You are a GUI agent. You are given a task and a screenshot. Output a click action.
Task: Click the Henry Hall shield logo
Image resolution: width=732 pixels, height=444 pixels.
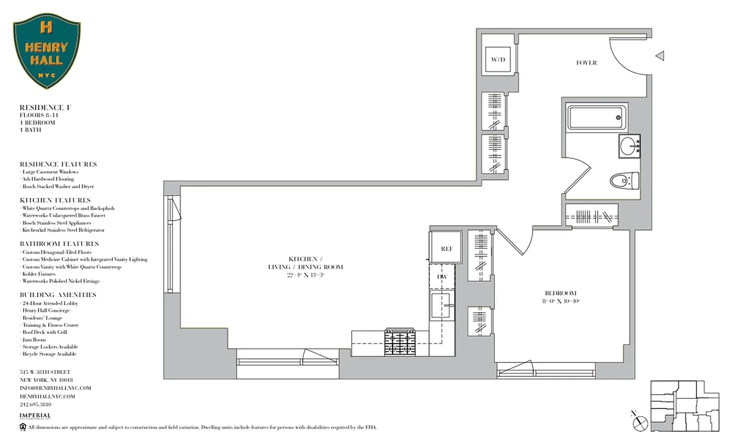[47, 51]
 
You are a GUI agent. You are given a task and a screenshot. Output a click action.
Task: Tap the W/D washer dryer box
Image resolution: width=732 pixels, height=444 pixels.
[498, 60]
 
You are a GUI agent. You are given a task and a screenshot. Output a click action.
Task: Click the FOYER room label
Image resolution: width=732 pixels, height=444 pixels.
[586, 63]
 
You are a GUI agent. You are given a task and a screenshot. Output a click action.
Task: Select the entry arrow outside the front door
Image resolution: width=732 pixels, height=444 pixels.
[659, 56]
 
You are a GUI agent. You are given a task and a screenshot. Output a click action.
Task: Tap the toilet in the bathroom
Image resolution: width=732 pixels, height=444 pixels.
[624, 180]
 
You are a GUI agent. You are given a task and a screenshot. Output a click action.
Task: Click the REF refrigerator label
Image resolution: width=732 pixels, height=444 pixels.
[447, 249]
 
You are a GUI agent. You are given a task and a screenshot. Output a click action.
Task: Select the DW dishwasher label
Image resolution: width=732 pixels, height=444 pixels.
[442, 276]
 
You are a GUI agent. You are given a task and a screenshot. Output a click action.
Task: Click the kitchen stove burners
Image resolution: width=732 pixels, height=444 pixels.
[400, 342]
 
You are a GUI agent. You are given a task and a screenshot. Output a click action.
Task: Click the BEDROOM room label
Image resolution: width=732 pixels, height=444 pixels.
[560, 293]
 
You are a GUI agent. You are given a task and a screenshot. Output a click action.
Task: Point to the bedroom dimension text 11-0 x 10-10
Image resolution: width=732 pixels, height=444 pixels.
[560, 301]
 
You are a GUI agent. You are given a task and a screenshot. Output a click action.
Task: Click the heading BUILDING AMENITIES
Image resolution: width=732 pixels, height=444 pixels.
[58, 295]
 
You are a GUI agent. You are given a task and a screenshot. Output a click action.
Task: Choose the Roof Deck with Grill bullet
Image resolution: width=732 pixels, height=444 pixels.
[44, 332]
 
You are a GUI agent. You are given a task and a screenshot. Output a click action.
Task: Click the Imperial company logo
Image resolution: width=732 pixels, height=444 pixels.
[35, 416]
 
